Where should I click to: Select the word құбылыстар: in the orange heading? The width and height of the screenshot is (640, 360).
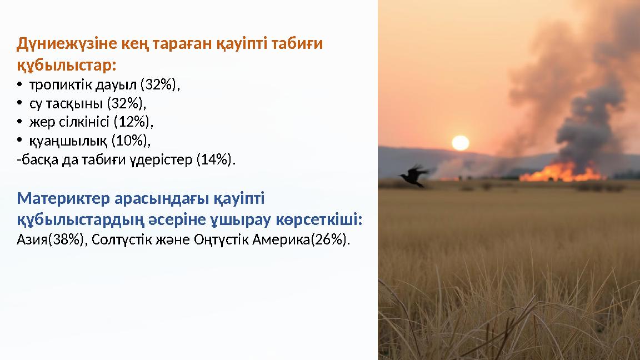tap(67, 66)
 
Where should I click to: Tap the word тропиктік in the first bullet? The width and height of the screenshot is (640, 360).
tap(61, 85)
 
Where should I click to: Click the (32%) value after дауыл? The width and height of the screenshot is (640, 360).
tap(158, 85)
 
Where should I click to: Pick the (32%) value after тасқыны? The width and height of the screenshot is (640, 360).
tap(125, 104)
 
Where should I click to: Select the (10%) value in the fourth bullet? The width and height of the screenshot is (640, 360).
tap(129, 141)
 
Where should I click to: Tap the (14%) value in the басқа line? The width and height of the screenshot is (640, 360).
tap(214, 159)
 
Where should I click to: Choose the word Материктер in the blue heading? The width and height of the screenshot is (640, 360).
tap(63, 198)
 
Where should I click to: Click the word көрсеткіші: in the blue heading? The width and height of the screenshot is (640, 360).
tap(319, 219)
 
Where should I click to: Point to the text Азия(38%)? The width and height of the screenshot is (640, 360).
tap(51, 239)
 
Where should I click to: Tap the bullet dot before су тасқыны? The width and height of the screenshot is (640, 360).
tap(19, 104)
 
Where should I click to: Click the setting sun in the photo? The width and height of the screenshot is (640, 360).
tap(461, 143)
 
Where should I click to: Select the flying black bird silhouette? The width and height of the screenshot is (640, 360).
tap(414, 176)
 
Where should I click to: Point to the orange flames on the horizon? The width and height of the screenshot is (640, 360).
tap(562, 172)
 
